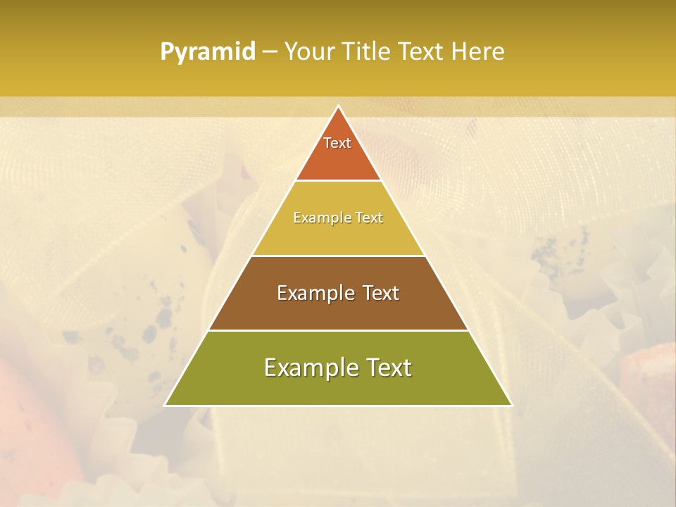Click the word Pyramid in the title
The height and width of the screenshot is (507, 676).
(x=207, y=51)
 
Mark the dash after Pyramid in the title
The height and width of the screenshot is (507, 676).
(x=270, y=52)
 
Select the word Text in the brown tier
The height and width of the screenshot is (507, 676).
(x=381, y=293)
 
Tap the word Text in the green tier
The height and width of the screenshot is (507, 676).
(x=388, y=368)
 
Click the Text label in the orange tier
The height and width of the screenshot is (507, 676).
(x=337, y=143)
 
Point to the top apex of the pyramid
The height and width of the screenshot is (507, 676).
(x=338, y=107)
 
